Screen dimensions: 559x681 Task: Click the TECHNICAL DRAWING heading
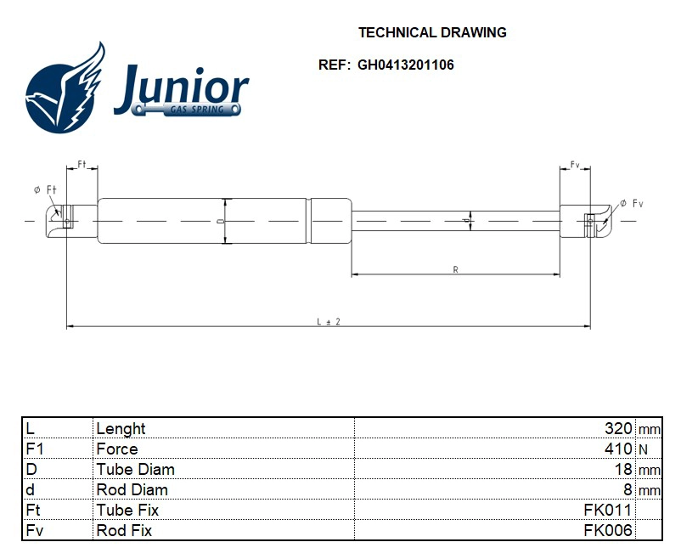pos(432,33)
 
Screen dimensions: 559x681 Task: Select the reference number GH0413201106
pos(406,65)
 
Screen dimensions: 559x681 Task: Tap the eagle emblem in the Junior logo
pos(65,92)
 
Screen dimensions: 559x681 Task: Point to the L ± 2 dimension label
pos(328,322)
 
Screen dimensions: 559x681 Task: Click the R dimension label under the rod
pos(455,269)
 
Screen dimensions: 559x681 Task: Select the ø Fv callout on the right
pos(632,204)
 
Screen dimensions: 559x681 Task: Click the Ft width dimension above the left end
pos(82,163)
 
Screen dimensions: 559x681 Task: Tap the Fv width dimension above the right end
pos(574,164)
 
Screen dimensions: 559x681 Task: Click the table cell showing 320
pos(618,428)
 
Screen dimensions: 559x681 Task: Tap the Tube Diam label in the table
pos(136,469)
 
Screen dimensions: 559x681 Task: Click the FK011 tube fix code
pos(607,510)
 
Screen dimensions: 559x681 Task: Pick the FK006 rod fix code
pos(607,530)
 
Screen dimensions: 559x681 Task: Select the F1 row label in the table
pos(35,449)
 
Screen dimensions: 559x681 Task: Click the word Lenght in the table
pos(121,428)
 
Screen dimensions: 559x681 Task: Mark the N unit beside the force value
pos(642,449)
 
